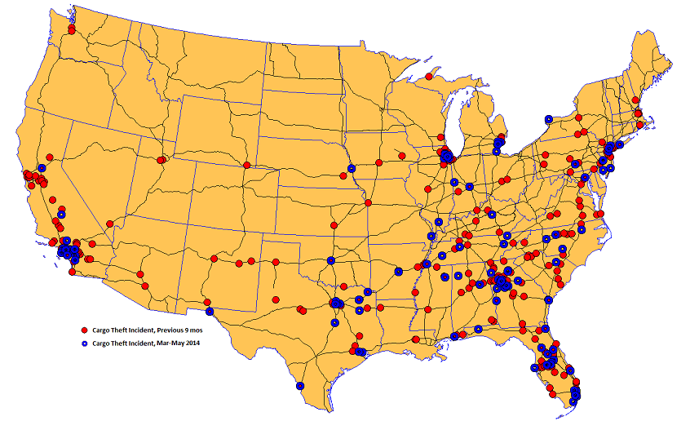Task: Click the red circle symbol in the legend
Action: point(83,329)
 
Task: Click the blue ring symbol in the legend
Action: point(83,343)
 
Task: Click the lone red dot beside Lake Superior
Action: point(428,77)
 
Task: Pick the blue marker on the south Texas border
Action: point(300,386)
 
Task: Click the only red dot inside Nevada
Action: point(109,224)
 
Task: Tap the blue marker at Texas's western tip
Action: point(210,311)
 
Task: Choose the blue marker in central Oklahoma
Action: point(331,261)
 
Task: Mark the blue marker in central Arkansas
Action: point(399,272)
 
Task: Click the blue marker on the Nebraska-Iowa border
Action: point(352,169)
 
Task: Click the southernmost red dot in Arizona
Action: point(147,285)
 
